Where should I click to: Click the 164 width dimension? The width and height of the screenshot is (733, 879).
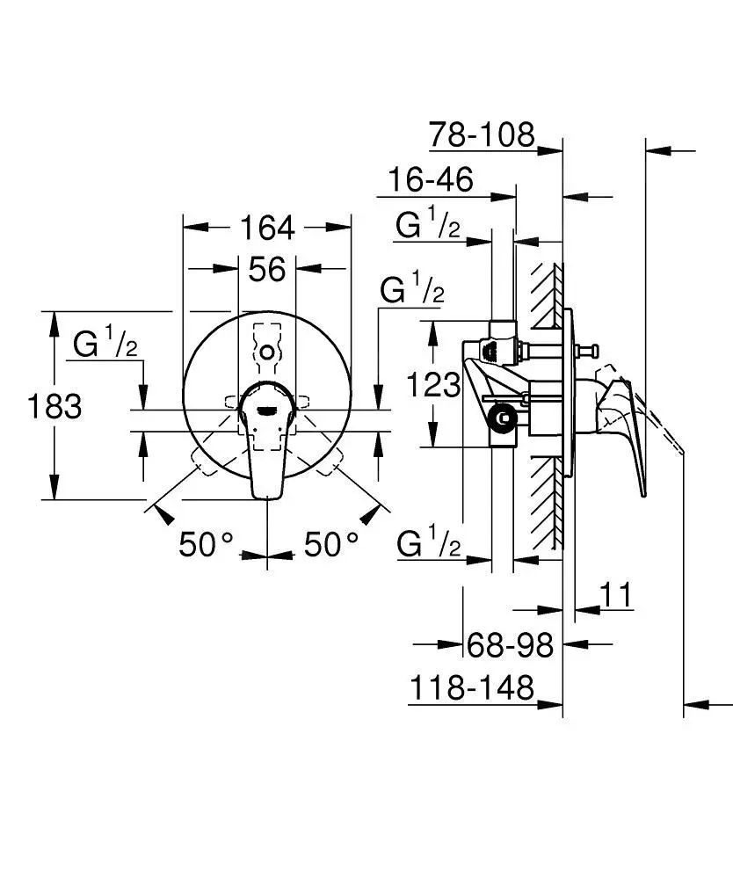pos(267,228)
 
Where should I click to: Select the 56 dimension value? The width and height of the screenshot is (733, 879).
pos(266,269)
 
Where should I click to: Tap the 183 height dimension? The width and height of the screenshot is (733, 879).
pos(54,406)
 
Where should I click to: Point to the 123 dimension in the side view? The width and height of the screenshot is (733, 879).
pos(432,384)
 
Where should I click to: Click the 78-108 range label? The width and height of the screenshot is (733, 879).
pos(482,134)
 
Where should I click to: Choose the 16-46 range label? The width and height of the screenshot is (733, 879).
pos(431,180)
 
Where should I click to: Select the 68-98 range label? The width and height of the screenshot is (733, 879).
pos(510,645)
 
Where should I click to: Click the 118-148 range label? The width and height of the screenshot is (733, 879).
pos(471,687)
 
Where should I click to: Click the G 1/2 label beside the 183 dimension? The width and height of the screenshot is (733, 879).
pos(105,345)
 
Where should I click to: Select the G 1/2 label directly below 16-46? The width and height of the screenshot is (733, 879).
pos(428,227)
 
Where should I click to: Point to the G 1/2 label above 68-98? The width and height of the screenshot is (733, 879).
pos(428,545)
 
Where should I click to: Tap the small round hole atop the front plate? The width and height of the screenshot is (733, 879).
pos(267,352)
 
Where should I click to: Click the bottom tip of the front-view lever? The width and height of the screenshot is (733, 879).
pos(267,495)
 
